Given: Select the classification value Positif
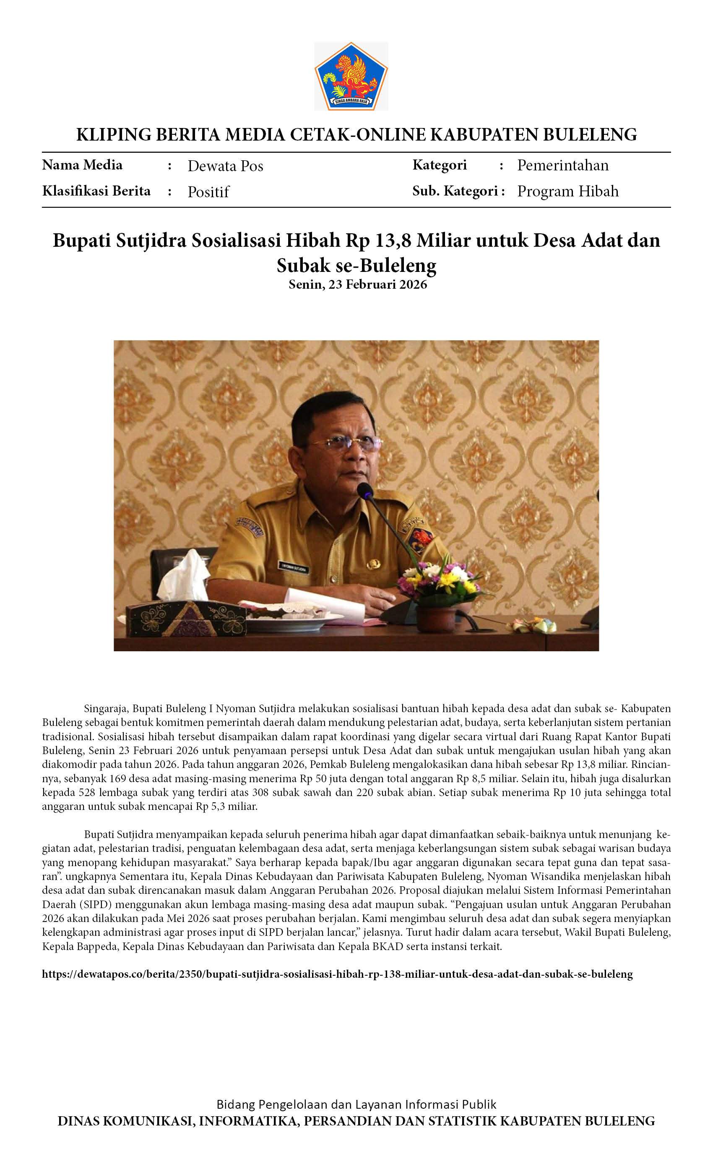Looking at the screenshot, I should (x=208, y=192).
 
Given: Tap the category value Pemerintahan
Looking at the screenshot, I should (x=562, y=165).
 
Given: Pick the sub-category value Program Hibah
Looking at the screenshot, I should (x=567, y=191).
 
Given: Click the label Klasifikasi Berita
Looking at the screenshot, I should (x=96, y=191).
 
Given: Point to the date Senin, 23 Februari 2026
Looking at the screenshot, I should (x=357, y=285).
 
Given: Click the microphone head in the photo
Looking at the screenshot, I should (x=365, y=490).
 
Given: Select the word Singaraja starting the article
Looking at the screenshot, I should (x=105, y=709).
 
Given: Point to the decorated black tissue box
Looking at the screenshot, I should (x=186, y=619).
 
